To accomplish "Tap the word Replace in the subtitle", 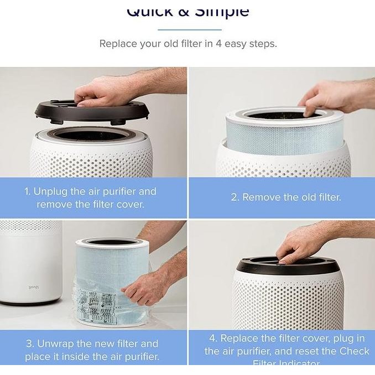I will [x=118, y=44].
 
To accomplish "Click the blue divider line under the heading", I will [x=189, y=30].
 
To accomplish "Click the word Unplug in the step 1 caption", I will [x=50, y=192].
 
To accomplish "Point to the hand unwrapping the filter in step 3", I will [x=149, y=285].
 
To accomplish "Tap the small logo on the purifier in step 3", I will [x=18, y=287].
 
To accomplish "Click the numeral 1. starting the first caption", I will [x=27, y=192].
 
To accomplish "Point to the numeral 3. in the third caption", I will [x=30, y=344].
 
